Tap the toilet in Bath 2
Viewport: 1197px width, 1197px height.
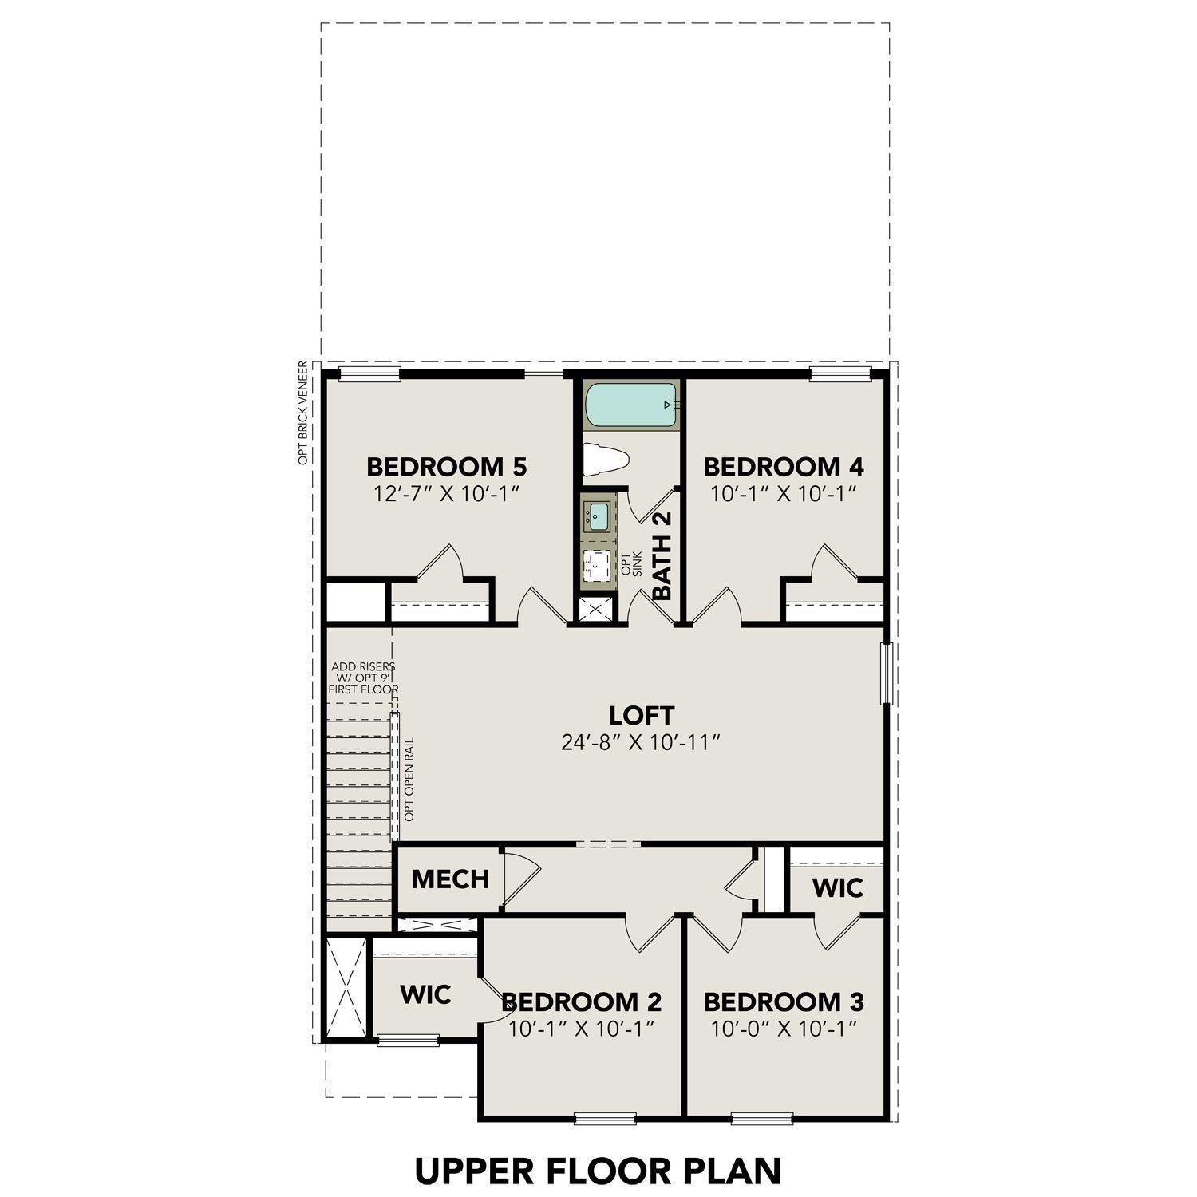606,460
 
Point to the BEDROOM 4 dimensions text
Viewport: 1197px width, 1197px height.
783,494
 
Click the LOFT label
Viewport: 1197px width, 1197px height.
641,714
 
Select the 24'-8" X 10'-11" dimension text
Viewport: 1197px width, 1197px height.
641,743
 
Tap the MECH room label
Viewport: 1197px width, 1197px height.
449,879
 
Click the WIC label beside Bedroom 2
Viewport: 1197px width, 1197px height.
425,994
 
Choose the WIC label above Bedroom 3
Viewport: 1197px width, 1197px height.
837,887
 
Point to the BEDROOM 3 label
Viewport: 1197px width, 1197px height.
783,1001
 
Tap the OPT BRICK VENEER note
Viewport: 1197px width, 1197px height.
303,413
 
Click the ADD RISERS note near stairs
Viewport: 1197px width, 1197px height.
364,678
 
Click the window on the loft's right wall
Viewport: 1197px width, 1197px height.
884,674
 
